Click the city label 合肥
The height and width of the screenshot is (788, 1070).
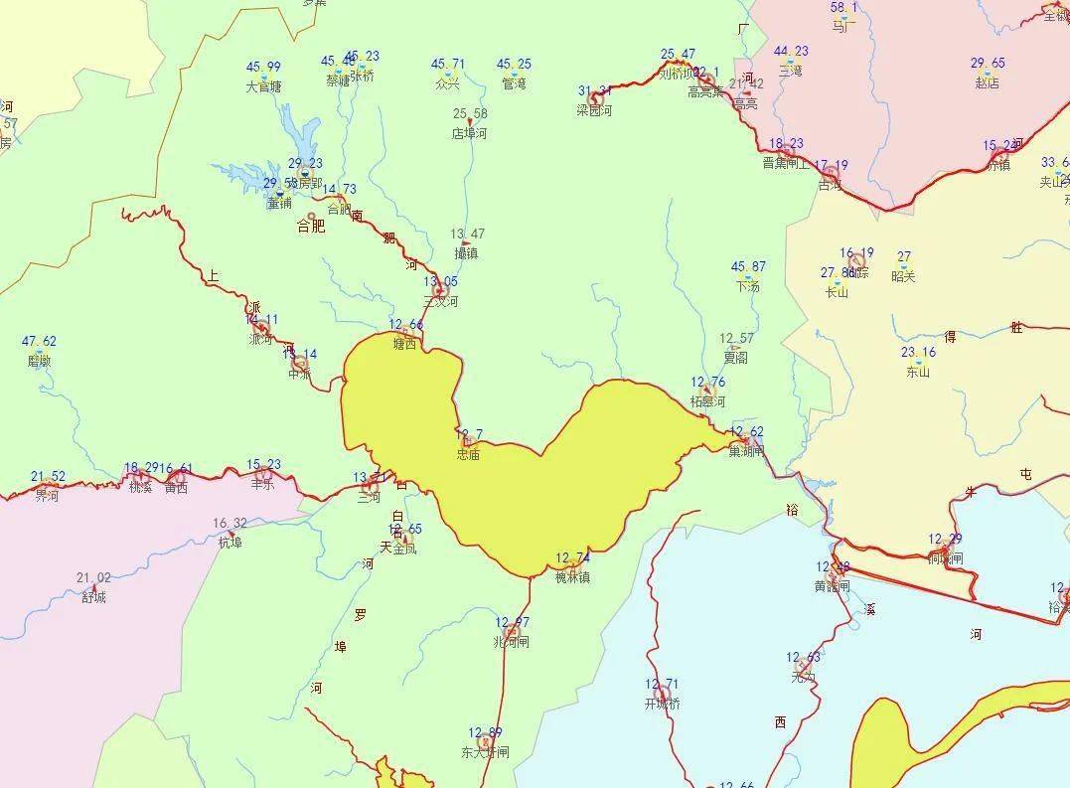click(x=311, y=227)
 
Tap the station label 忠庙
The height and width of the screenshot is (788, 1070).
click(x=468, y=454)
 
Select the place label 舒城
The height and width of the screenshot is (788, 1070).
click(x=93, y=597)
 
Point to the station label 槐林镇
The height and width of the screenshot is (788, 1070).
click(x=572, y=577)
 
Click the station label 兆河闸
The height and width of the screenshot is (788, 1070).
click(x=512, y=642)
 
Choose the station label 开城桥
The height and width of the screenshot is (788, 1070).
click(x=662, y=704)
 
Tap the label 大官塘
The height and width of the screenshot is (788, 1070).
click(x=263, y=86)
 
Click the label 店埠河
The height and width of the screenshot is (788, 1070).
click(x=470, y=133)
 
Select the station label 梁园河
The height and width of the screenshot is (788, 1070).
click(x=594, y=110)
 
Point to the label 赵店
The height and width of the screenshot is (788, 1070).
click(x=987, y=83)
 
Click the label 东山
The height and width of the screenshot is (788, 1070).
click(x=918, y=373)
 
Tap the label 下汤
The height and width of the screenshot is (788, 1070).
click(x=748, y=286)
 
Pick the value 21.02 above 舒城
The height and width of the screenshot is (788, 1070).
click(x=93, y=577)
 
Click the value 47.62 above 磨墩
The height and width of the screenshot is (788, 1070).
click(x=39, y=342)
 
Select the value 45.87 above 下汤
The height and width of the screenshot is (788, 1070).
click(x=748, y=266)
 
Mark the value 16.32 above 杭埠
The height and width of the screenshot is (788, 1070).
click(x=230, y=523)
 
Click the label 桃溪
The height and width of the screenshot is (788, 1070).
click(x=140, y=487)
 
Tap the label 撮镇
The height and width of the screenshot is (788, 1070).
click(x=465, y=253)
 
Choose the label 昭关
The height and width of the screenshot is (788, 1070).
click(x=903, y=276)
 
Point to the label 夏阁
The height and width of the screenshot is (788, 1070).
click(x=735, y=358)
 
